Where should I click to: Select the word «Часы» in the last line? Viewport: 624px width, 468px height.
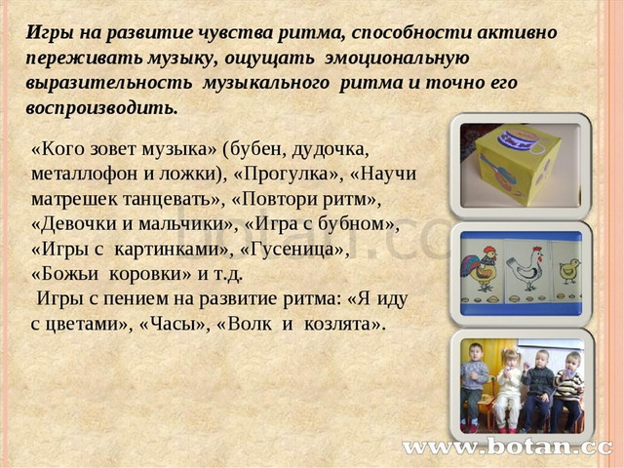pos(189,325)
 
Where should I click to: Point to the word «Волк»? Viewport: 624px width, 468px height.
pos(257,325)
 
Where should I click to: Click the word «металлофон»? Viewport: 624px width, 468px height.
pos(81,175)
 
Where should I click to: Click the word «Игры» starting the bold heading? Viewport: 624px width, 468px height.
pos(47,31)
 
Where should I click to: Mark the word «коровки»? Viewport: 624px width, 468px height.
pos(156,274)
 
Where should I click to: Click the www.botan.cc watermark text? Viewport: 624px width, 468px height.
pos(507,448)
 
